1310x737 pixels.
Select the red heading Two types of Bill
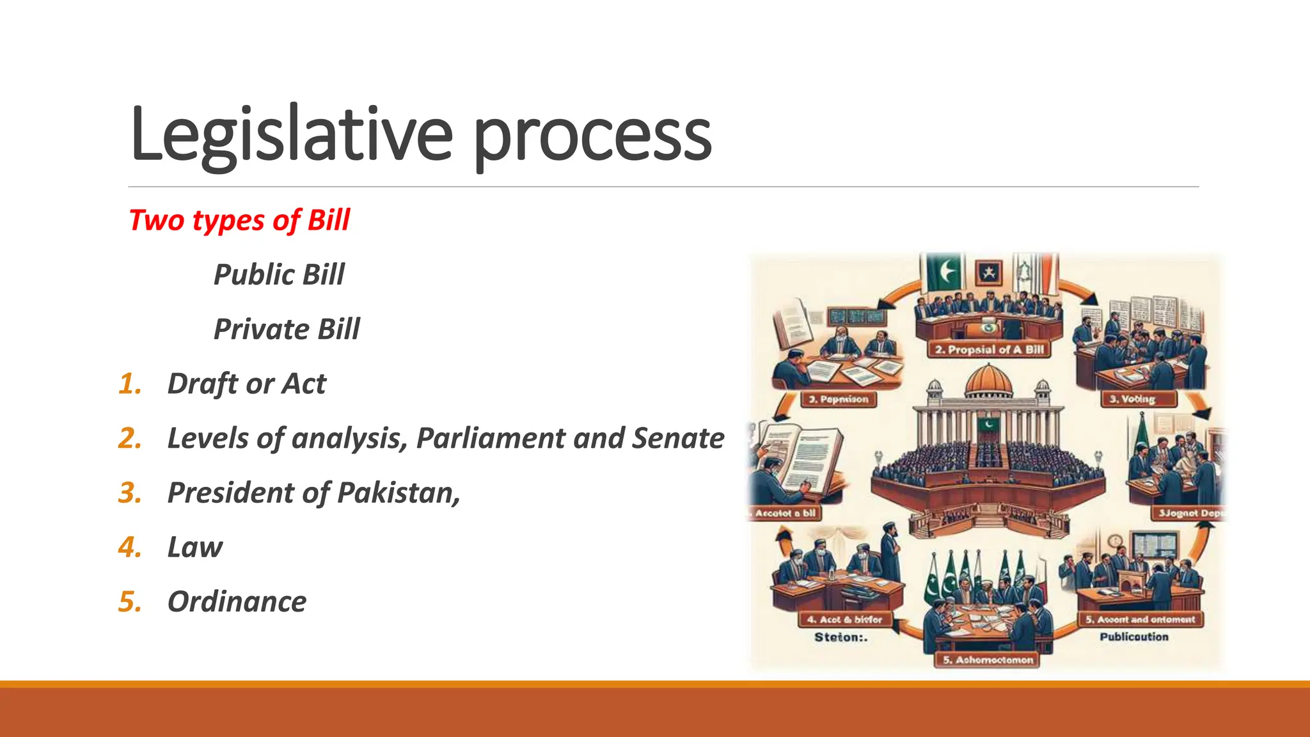click(x=239, y=220)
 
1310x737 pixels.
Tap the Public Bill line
click(x=279, y=274)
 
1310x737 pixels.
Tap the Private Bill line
click(x=286, y=329)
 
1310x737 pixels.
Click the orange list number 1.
click(x=130, y=384)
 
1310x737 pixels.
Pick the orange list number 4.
click(x=130, y=548)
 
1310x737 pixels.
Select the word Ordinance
click(x=237, y=602)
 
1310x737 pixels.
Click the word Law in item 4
click(x=194, y=548)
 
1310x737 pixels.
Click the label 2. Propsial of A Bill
click(x=989, y=350)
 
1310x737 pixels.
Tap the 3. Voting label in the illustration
click(x=1138, y=399)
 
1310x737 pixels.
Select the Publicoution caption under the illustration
click(x=1133, y=637)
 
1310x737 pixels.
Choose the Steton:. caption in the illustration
click(x=840, y=637)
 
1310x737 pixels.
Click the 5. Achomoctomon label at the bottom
click(x=988, y=660)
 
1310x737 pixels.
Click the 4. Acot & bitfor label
click(x=844, y=619)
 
